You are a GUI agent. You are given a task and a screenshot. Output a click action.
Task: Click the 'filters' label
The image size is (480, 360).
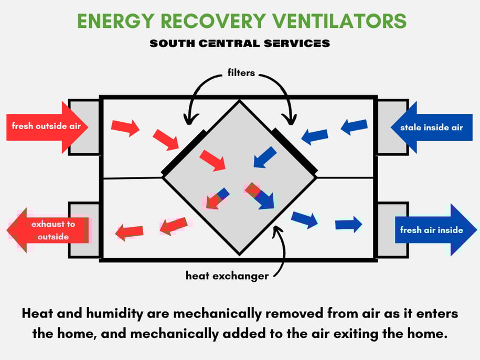241,73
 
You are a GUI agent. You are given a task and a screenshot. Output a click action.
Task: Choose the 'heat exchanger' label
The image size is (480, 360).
227,275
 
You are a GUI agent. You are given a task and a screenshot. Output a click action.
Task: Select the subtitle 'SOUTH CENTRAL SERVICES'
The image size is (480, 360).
240,44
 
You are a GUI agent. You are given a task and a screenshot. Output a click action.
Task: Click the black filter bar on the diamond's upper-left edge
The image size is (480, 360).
184,152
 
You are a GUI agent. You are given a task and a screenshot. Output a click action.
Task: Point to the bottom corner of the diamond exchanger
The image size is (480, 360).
240,254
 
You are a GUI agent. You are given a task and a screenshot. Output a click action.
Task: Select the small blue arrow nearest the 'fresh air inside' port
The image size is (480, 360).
348,225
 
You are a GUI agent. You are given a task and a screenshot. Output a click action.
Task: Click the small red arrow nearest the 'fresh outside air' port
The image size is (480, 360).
125,127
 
